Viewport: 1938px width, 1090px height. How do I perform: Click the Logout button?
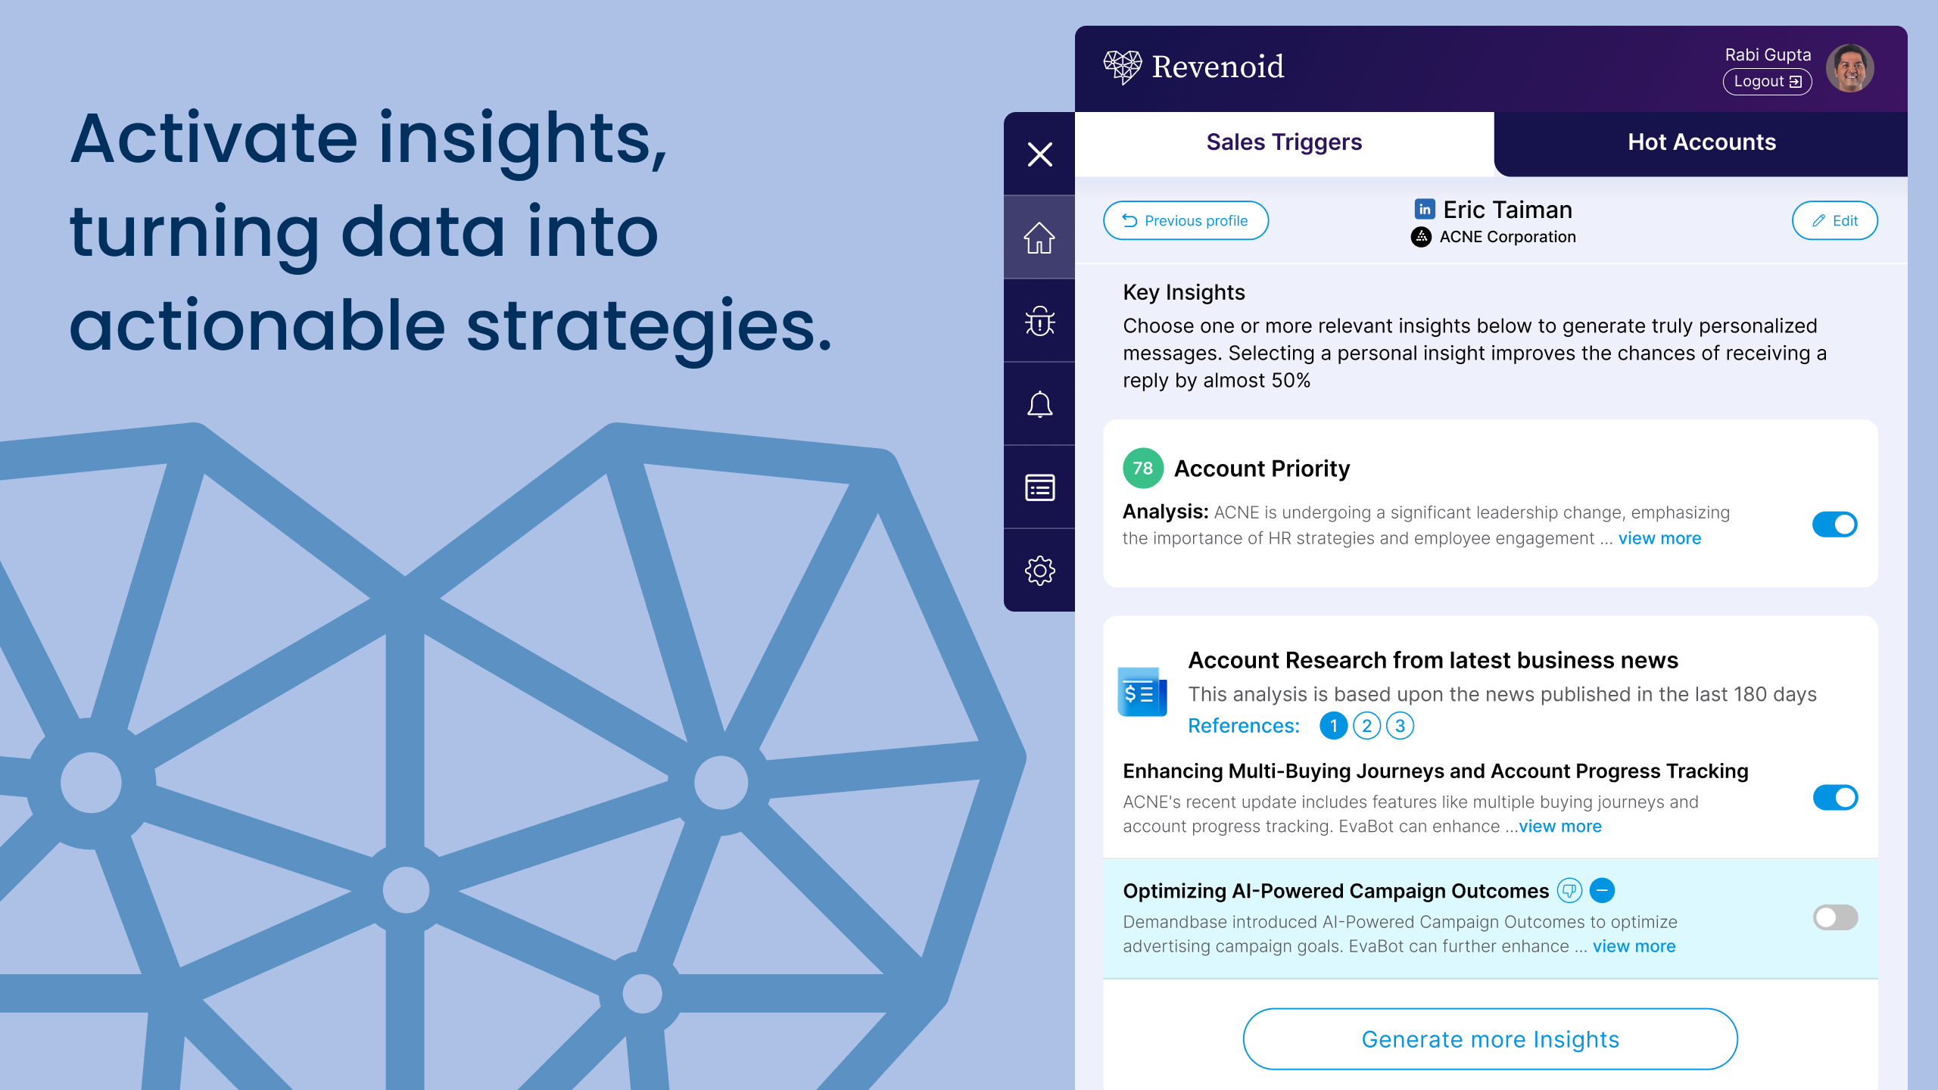[x=1767, y=82]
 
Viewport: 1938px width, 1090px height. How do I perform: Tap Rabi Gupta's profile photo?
[x=1850, y=68]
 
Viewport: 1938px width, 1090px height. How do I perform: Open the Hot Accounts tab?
[x=1701, y=142]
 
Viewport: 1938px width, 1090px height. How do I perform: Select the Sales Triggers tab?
[x=1284, y=142]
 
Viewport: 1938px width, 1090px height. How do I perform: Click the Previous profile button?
[x=1186, y=220]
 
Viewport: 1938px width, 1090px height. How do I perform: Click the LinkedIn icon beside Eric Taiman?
[x=1425, y=209]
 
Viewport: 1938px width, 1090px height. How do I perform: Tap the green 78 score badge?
[x=1143, y=469]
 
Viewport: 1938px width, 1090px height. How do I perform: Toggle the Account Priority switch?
[x=1835, y=524]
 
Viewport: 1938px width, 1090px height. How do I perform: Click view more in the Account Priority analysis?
[x=1659, y=538]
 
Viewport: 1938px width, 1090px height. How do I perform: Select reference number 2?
[x=1366, y=726]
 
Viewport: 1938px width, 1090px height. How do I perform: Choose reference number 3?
[x=1400, y=726]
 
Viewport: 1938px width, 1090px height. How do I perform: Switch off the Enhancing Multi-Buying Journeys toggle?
[x=1835, y=797]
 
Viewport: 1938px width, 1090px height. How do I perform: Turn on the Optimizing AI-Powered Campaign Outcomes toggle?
[x=1835, y=917]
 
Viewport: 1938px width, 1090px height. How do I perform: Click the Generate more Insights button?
[x=1490, y=1039]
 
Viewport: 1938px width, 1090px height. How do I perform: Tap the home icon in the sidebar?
[x=1039, y=238]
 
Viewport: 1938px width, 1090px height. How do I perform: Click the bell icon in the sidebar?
[x=1039, y=404]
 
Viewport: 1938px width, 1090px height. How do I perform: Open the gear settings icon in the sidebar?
[x=1039, y=571]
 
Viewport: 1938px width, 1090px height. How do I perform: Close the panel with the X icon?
[x=1039, y=154]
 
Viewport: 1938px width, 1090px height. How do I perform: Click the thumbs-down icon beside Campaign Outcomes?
[x=1569, y=891]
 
